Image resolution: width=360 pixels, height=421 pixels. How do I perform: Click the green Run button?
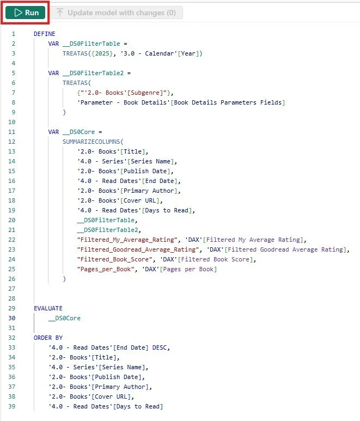pos(26,13)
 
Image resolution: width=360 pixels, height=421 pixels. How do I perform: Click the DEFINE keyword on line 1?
pos(45,34)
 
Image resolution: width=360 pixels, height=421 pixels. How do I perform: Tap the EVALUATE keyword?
pos(48,308)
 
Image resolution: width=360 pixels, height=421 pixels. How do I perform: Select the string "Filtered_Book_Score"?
pos(109,259)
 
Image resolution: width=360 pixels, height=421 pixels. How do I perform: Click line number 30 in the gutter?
pos(12,318)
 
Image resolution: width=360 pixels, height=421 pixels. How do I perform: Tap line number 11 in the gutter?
pos(12,132)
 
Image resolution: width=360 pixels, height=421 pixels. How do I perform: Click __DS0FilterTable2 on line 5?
pos(94,73)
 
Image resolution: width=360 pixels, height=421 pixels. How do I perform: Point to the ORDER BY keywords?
pos(48,338)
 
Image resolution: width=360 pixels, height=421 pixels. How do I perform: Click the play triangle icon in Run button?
pos(17,13)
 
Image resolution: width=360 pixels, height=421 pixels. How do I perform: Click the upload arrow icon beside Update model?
pos(60,13)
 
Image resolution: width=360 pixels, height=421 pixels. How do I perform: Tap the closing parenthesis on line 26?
pos(64,279)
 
